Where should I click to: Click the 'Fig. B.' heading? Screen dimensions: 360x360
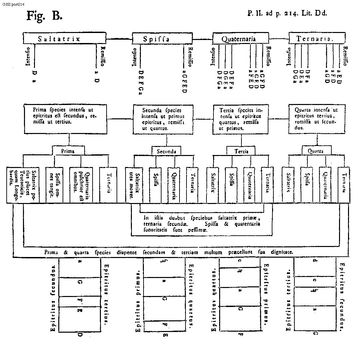(x=44, y=16)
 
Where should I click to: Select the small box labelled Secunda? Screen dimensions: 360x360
(x=167, y=151)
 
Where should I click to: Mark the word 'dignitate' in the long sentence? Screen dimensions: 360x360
(x=282, y=252)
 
